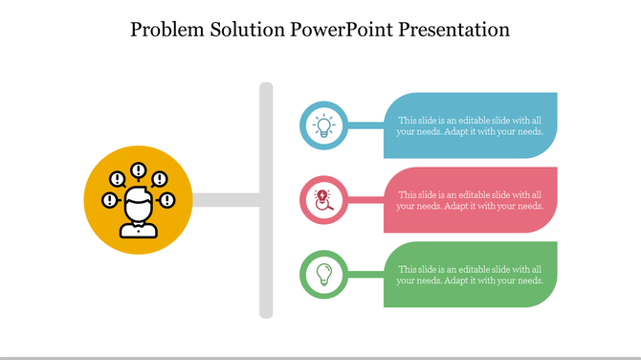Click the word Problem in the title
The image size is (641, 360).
(167, 30)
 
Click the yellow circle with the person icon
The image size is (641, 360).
(138, 200)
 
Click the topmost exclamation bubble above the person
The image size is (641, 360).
(139, 171)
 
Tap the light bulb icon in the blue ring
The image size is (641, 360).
(324, 125)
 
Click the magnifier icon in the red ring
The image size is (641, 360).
(324, 200)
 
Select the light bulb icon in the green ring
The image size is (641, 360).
(324, 274)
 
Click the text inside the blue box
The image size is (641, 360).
(470, 125)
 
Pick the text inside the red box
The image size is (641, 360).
(470, 200)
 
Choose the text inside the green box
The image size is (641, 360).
(470, 275)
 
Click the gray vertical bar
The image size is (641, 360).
(266, 200)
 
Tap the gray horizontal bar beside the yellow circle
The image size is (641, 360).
(226, 200)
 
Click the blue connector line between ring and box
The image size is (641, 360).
(366, 125)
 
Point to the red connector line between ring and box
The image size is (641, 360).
(366, 200)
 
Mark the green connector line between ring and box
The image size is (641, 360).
(366, 275)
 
